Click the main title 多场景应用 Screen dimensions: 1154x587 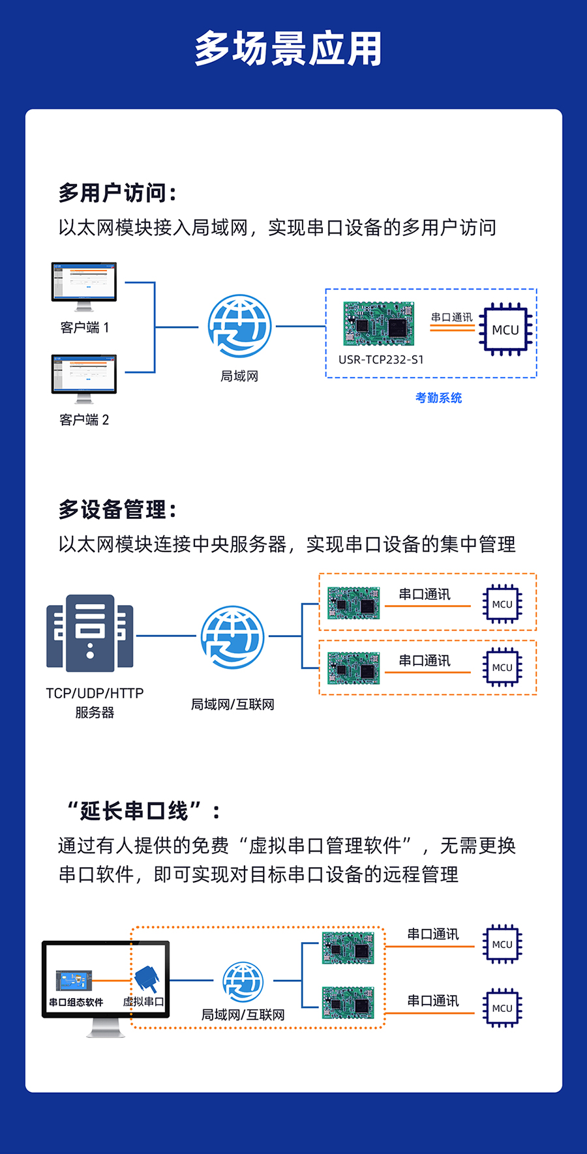[288, 49]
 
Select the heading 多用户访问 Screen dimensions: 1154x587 [117, 193]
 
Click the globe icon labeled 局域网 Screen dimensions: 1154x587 [239, 326]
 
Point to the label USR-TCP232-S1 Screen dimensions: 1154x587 [381, 359]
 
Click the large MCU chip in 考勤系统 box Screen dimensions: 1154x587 [505, 329]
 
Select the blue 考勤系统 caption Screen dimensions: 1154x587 [438, 398]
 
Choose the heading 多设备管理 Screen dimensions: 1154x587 [117, 509]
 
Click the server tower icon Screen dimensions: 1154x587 [90, 633]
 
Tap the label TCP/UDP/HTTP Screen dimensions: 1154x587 [95, 693]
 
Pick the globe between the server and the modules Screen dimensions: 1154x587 [232, 637]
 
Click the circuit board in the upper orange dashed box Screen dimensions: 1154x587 [354, 603]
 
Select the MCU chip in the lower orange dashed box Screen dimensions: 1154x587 [502, 667]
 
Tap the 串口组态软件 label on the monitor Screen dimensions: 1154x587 [76, 1002]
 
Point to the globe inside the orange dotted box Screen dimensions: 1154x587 [243, 981]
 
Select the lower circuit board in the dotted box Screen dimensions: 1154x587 [348, 1003]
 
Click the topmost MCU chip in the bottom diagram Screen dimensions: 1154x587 [502, 944]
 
